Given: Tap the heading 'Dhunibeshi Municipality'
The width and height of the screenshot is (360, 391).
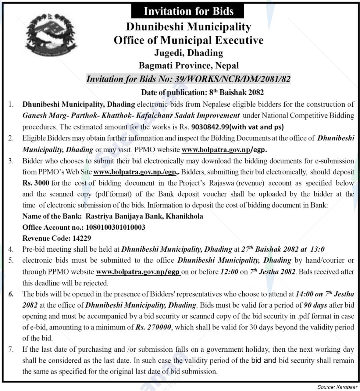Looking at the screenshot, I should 188,27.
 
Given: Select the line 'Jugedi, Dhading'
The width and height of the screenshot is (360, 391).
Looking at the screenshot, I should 188,53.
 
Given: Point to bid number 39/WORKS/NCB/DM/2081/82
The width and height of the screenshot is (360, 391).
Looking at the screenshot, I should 233,79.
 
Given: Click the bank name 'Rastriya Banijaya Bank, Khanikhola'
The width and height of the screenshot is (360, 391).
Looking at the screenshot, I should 144,216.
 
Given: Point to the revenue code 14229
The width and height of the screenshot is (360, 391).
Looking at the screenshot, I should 82,238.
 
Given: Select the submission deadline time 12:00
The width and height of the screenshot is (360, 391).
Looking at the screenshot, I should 229,272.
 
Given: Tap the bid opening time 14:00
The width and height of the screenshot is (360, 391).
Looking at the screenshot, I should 305,294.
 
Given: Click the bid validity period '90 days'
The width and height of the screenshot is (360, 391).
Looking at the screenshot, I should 315,305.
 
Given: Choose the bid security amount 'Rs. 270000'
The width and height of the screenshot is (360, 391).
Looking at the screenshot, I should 154,327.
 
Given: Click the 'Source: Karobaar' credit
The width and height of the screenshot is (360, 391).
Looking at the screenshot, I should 337,387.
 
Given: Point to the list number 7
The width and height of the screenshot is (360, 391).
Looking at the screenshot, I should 11,350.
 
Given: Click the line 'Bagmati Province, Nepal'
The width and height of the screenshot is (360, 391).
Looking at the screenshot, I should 189,66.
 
